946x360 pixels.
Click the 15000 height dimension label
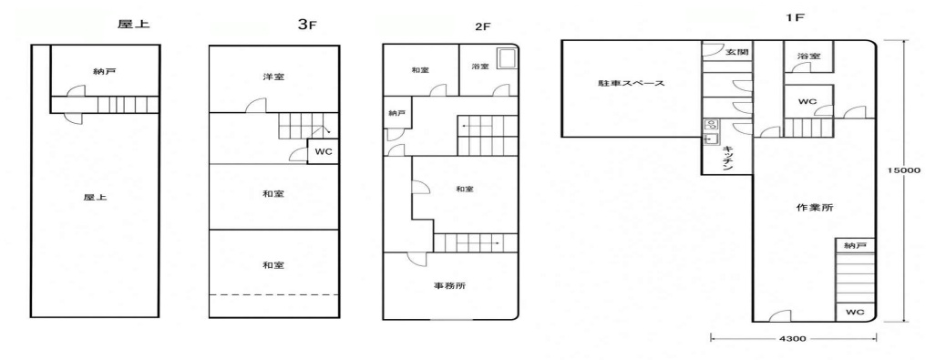coord(903,170)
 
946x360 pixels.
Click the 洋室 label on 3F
coord(274,77)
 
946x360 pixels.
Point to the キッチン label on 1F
coord(728,159)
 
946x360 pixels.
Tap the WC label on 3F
coord(321,151)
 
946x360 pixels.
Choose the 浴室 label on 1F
coord(808,56)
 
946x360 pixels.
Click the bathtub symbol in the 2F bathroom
coord(506,59)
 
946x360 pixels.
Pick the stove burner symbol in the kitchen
coord(711,125)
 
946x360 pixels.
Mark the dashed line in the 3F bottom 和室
coord(274,294)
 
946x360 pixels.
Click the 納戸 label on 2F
coord(394,112)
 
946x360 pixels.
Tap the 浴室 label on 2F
coord(481,67)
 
